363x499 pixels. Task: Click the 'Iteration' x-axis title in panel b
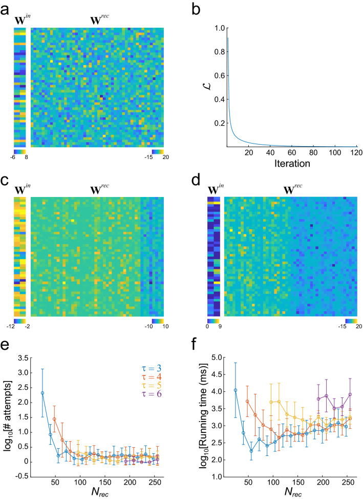click(291, 165)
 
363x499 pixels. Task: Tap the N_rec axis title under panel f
click(290, 491)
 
